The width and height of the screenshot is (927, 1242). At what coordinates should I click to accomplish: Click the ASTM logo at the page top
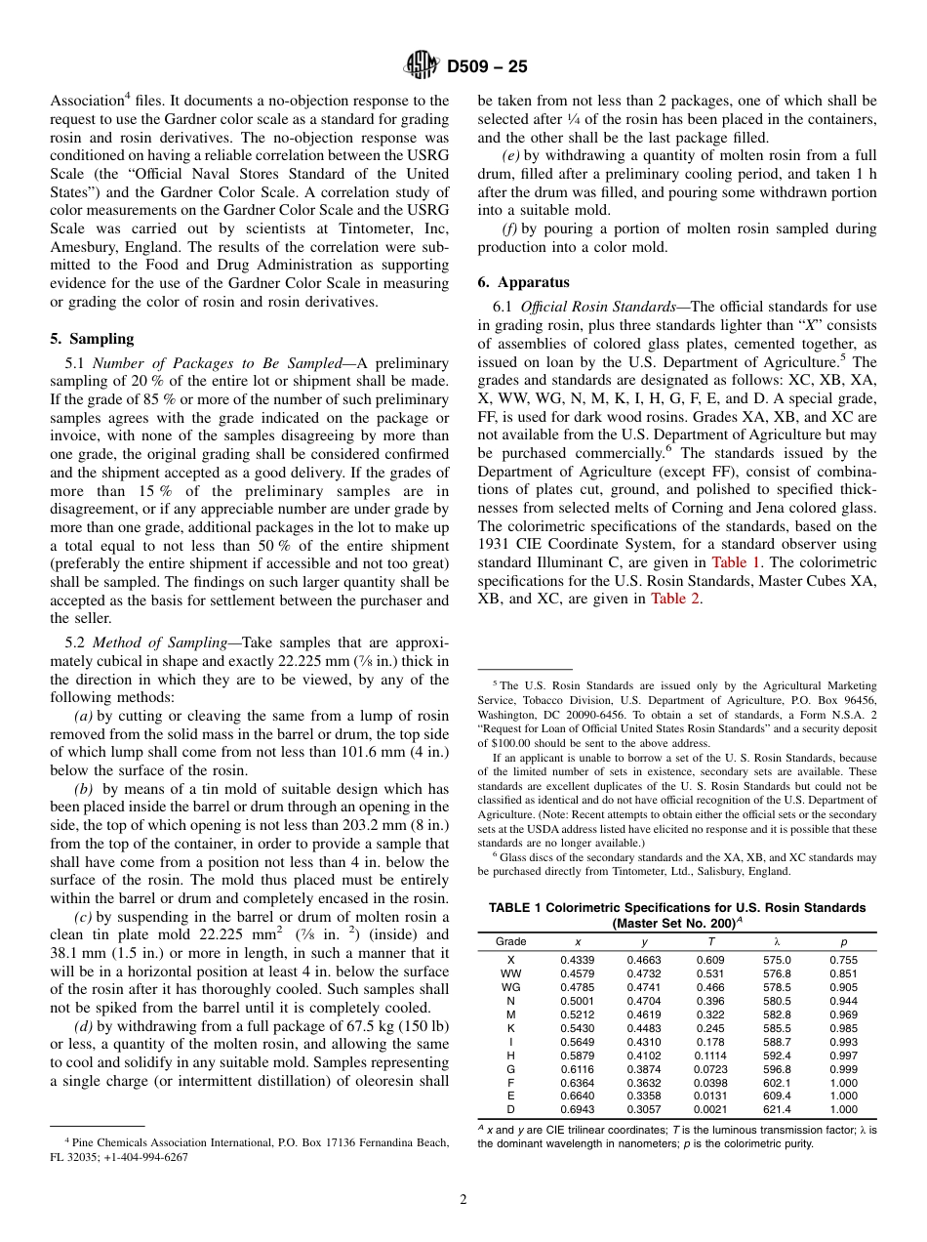422,66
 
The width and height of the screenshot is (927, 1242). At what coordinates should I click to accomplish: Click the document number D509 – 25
487,67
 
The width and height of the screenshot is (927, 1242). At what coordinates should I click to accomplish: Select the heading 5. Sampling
92,339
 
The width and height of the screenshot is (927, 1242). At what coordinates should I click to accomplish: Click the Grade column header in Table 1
510,941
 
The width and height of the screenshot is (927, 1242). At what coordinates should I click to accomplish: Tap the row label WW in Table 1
510,973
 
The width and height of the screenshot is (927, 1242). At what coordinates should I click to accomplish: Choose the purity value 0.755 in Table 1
843,960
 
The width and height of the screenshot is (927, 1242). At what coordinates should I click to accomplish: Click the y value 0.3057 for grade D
644,1109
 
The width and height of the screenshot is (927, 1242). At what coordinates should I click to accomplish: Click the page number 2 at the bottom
463,1200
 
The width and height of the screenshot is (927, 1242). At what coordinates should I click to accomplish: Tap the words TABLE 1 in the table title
515,907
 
